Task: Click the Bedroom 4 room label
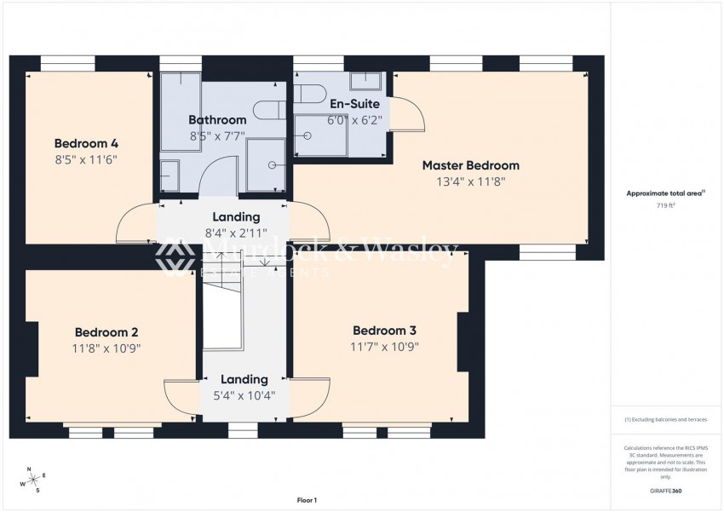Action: pos(85,143)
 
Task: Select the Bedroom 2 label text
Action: pos(106,332)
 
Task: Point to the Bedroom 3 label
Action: pos(384,331)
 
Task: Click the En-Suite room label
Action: pos(354,104)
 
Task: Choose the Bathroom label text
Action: pos(217,120)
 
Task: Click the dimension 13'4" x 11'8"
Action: pos(470,181)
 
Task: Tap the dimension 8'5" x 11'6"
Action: pos(85,158)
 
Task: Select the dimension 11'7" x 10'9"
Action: pos(384,347)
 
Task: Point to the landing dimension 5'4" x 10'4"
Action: pos(244,395)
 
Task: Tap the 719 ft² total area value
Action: pos(665,206)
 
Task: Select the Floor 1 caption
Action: pos(306,500)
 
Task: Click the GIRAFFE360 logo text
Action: pos(665,491)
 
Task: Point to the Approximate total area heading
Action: pos(665,194)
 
